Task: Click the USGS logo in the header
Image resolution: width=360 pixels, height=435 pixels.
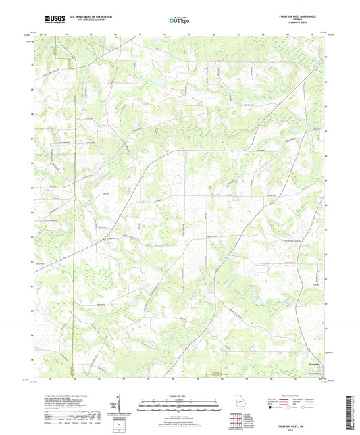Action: [50, 20]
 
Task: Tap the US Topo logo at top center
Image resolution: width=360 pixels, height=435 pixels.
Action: [179, 20]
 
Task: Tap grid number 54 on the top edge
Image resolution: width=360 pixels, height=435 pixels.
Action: [67, 32]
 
